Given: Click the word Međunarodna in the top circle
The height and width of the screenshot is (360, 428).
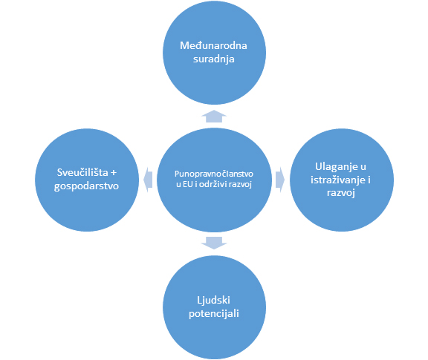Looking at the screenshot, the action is click(x=213, y=45).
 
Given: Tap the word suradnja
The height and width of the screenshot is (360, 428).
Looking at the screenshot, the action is click(x=214, y=59).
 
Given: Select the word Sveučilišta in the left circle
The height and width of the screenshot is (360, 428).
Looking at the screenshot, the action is click(x=82, y=172).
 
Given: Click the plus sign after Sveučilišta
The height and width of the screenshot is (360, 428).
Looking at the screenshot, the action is click(x=114, y=173).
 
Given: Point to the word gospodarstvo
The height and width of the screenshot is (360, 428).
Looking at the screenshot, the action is click(x=86, y=186).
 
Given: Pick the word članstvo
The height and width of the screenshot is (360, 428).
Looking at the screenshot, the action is click(x=238, y=174).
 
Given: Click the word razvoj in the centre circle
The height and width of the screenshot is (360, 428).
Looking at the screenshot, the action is click(x=240, y=185).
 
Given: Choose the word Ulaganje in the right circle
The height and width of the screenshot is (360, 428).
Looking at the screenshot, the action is click(x=337, y=167).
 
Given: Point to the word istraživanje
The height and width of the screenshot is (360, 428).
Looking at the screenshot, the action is click(x=337, y=180).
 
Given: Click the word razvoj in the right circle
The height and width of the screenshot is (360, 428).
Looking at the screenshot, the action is click(x=341, y=193).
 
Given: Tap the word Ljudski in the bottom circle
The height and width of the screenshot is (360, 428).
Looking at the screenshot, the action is click(x=213, y=301).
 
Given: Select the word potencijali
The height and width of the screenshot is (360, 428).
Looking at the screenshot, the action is click(x=214, y=314).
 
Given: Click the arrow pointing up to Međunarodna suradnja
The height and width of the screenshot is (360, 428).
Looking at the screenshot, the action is click(x=214, y=117).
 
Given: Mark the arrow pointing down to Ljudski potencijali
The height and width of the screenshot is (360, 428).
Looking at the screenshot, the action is click(x=214, y=243).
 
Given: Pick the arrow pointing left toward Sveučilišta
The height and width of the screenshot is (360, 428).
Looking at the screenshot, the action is click(x=148, y=180).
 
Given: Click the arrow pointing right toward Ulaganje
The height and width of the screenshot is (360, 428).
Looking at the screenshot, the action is click(x=280, y=180).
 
